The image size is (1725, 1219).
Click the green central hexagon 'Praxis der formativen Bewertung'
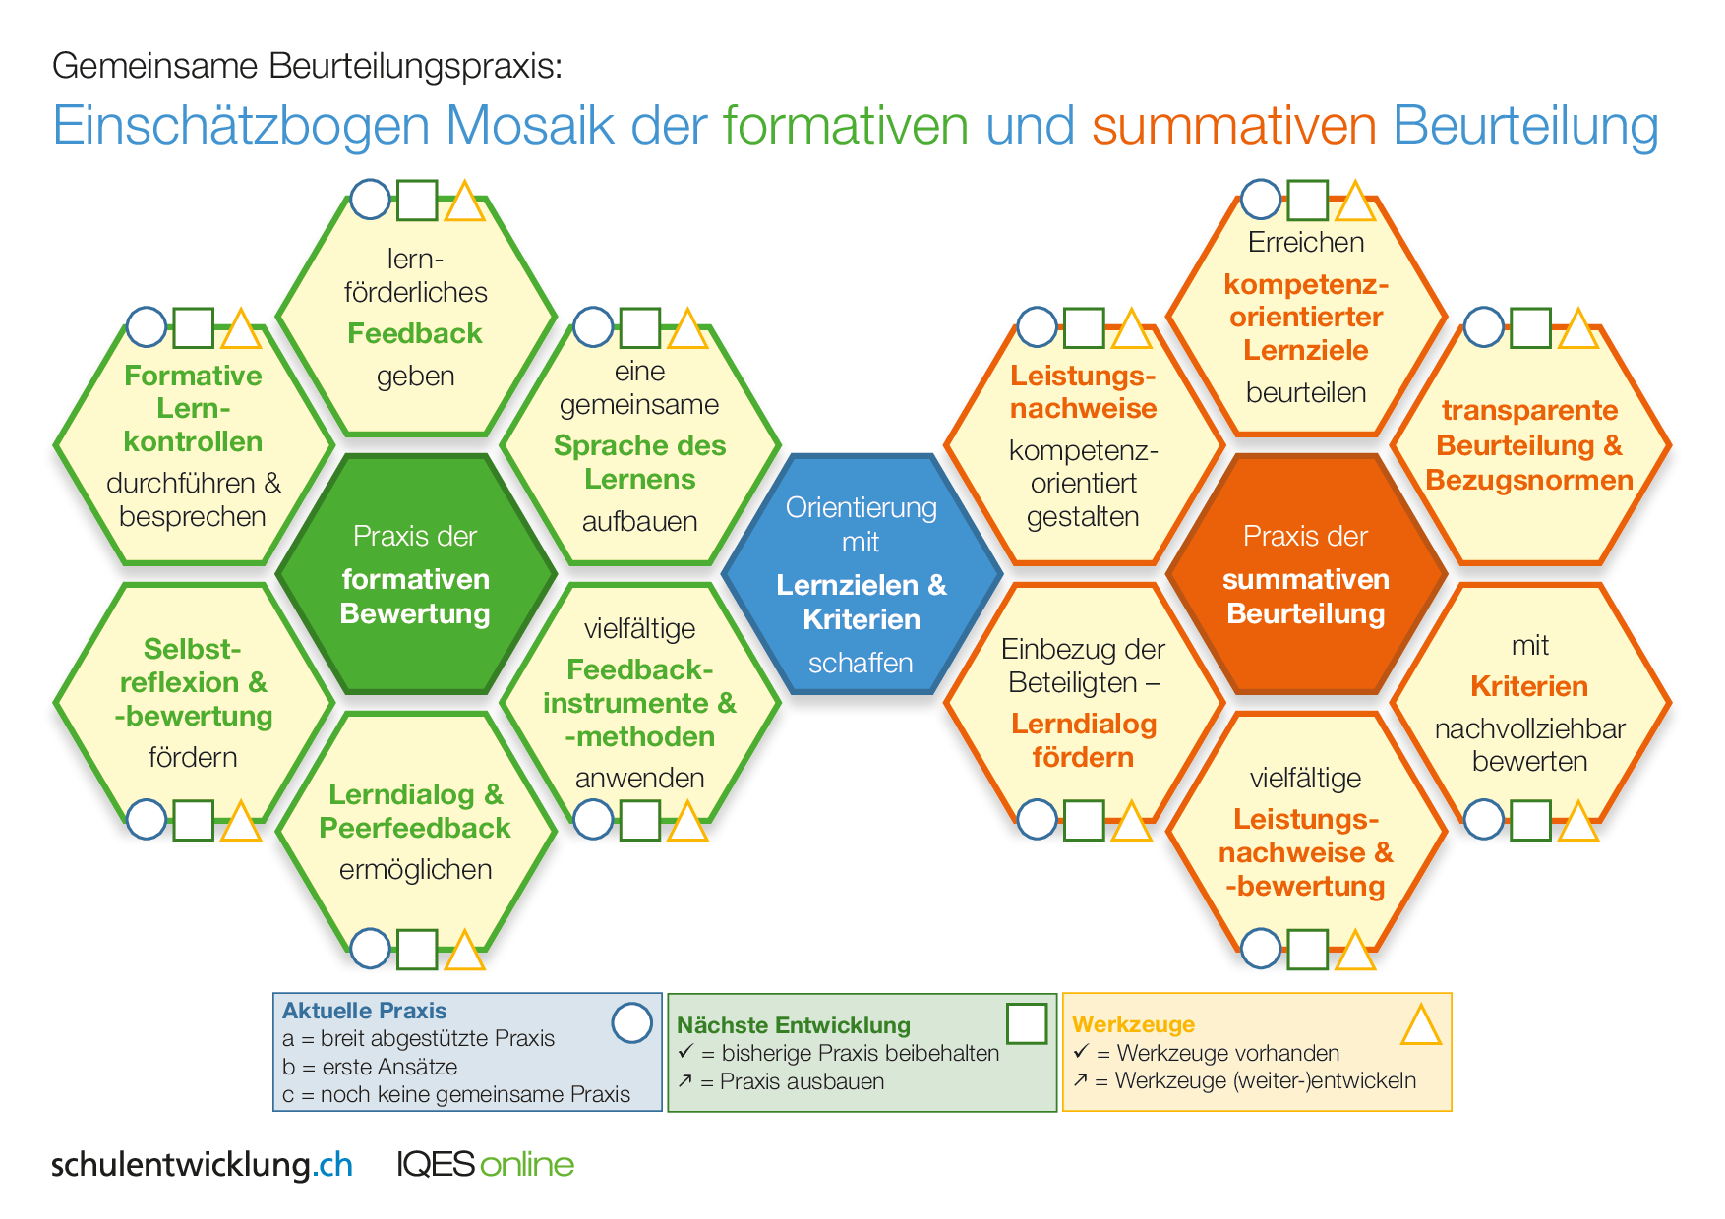coord(415,575)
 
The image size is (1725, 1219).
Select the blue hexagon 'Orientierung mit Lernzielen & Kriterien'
coord(861,575)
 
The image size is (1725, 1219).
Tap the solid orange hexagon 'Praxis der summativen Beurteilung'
coord(1305,575)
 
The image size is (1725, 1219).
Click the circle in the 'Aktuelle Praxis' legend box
coord(631,1022)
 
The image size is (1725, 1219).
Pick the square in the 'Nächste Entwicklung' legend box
coord(1027,1023)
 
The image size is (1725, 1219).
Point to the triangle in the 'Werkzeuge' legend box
coord(1420,1026)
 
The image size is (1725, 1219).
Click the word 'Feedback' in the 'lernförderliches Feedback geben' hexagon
coord(415,333)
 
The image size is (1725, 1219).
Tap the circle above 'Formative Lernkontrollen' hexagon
coord(147,327)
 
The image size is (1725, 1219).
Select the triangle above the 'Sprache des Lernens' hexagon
coord(687,330)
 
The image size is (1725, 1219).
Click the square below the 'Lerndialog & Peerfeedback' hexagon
coord(417,949)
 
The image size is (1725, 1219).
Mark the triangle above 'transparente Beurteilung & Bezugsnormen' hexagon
coord(1578,330)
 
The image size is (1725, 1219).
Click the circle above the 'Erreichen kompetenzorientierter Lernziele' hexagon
coord(1261,200)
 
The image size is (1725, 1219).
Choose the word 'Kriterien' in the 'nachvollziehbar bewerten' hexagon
coord(1529,686)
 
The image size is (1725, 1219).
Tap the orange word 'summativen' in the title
coord(1233,126)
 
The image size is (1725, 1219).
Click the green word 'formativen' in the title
coord(846,126)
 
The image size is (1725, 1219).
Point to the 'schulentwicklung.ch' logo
coord(202,1164)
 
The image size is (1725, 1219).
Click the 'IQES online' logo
coord(485,1164)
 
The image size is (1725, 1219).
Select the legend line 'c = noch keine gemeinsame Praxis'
coord(456,1094)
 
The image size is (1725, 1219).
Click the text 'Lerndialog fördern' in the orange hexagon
coord(1083,740)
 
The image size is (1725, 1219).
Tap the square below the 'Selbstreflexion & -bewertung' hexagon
coord(194,820)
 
